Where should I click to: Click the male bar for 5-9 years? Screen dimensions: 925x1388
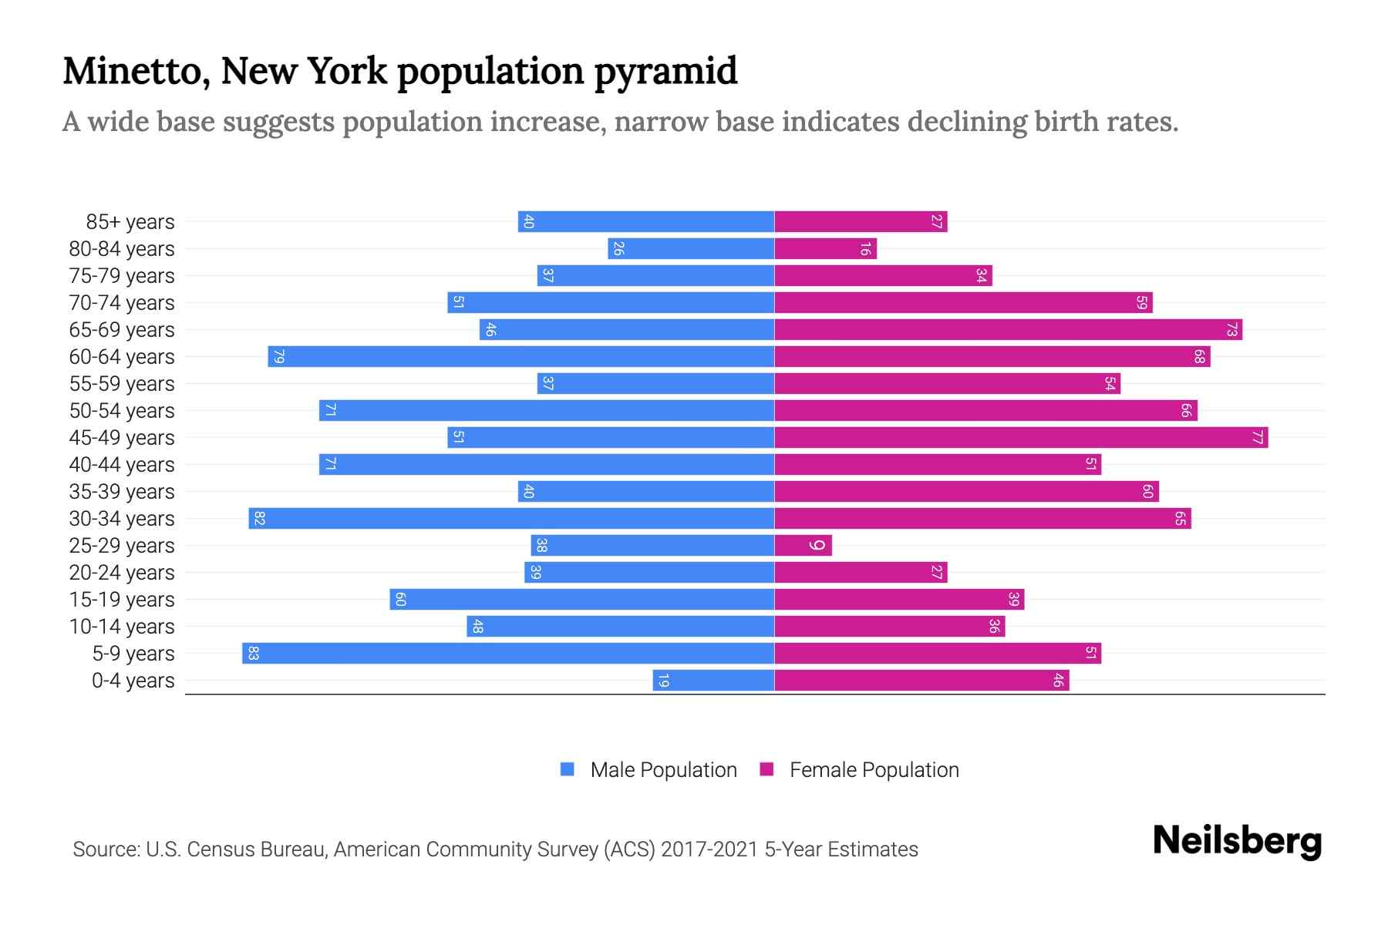click(509, 654)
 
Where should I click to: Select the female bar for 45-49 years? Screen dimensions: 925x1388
click(1021, 438)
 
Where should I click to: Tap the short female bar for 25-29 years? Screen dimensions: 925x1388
click(802, 546)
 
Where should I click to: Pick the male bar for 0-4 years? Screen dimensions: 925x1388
click(713, 681)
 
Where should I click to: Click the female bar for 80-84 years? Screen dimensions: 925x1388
click(825, 249)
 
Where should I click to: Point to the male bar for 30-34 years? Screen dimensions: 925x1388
click(511, 519)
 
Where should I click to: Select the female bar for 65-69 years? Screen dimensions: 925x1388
click(1008, 330)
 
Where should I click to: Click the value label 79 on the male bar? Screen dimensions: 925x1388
click(279, 357)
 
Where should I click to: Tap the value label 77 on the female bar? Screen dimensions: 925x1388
click(1257, 438)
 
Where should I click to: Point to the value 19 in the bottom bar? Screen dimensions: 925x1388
click(663, 681)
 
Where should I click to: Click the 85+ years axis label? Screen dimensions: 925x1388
click(130, 222)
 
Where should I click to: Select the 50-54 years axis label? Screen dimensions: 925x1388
click(122, 411)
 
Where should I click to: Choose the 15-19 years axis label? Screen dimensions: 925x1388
click(122, 600)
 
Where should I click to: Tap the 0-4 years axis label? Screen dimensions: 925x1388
click(133, 681)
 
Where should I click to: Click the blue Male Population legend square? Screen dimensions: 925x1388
click(568, 769)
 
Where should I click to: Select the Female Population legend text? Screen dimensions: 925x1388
click(874, 769)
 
